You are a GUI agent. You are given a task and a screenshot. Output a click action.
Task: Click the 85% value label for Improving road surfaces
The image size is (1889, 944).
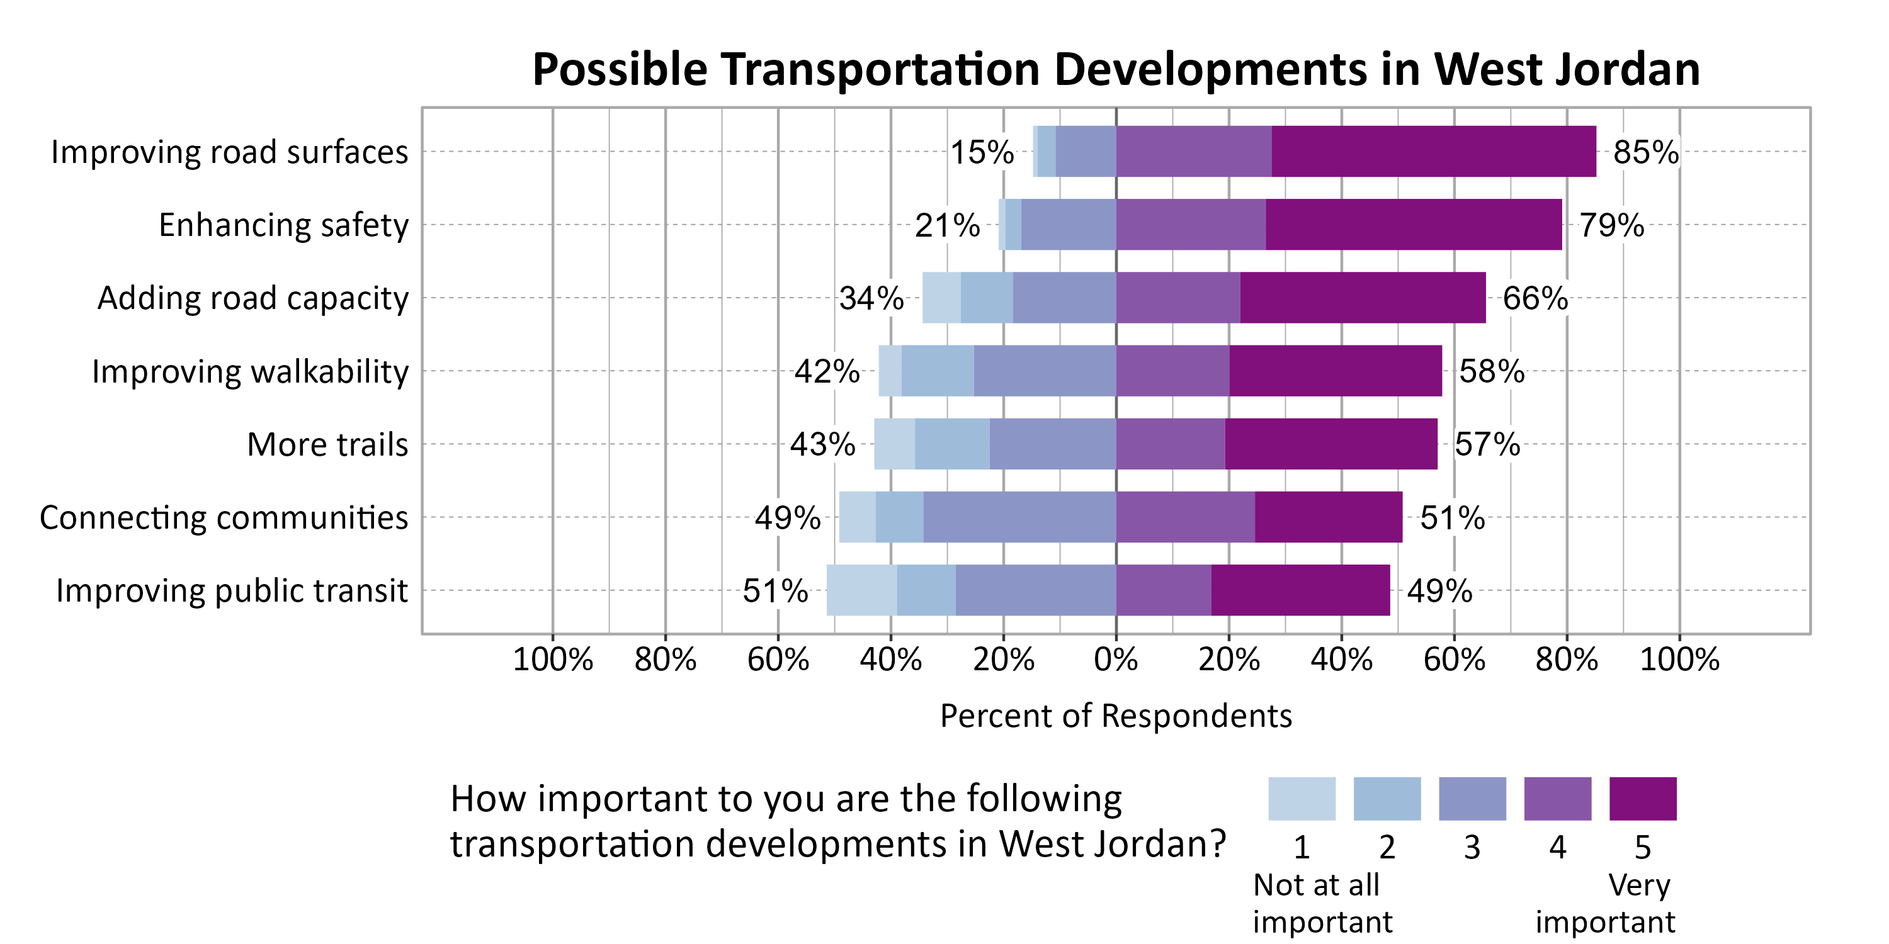click(x=1645, y=152)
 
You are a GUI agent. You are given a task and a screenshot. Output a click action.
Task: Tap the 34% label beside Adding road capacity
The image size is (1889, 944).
click(x=871, y=298)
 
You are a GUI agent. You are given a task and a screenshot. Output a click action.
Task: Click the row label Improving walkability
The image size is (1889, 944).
click(x=250, y=371)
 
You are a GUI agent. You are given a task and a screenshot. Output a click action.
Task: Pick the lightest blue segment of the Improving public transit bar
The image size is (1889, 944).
click(x=861, y=590)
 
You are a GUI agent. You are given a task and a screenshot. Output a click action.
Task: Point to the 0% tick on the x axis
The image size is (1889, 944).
click(x=1115, y=660)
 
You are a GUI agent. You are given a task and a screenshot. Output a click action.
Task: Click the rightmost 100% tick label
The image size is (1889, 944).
click(x=1679, y=660)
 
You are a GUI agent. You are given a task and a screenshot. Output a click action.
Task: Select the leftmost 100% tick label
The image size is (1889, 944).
click(x=552, y=660)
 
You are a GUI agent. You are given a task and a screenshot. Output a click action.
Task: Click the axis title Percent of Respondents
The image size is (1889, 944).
click(x=1115, y=716)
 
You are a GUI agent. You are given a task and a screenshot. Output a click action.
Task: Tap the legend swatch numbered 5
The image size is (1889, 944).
click(x=1643, y=798)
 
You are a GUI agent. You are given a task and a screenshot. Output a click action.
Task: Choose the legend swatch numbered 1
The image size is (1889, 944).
click(x=1302, y=798)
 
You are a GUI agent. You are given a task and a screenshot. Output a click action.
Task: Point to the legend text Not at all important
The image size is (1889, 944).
click(x=1322, y=903)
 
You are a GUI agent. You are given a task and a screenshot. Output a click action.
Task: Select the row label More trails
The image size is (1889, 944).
click(x=327, y=444)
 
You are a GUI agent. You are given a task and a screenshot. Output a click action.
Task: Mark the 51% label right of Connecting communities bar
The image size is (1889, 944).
click(x=1452, y=517)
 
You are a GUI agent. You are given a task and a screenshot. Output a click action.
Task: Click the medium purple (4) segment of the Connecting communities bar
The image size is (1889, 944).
click(x=1185, y=517)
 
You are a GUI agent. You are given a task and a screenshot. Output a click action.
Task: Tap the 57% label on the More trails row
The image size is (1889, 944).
click(x=1487, y=444)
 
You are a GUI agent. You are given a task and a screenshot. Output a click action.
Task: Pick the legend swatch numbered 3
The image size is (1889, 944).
click(x=1472, y=798)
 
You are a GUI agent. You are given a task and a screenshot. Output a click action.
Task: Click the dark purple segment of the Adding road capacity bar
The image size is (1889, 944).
click(x=1363, y=298)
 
